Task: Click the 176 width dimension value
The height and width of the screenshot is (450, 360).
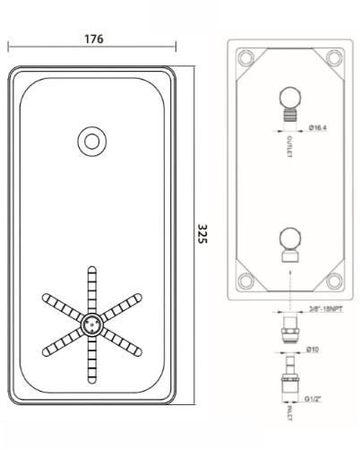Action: (94, 39)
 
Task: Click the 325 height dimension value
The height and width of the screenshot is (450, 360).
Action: (202, 234)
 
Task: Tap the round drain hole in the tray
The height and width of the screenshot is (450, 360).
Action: (92, 142)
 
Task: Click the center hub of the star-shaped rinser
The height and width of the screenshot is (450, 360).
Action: (92, 324)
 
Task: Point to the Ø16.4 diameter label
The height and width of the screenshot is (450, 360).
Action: (318, 128)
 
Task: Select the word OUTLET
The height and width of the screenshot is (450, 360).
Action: (289, 146)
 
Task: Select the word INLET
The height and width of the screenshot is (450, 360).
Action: (289, 412)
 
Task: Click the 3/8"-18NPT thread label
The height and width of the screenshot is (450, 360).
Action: (325, 309)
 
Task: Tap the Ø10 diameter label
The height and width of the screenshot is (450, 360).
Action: (313, 349)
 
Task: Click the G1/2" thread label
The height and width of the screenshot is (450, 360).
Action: (313, 399)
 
